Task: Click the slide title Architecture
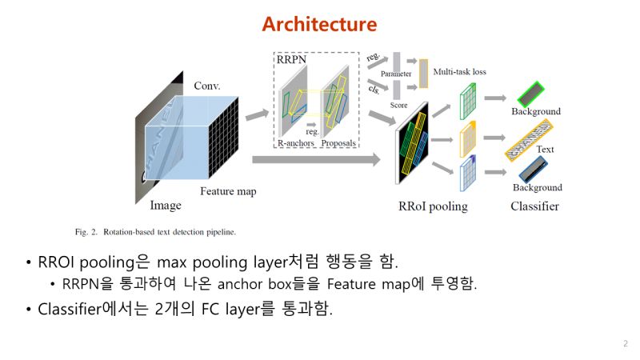click(x=319, y=24)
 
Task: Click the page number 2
click(x=625, y=343)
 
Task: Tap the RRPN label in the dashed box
click(x=292, y=58)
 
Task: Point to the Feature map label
click(x=227, y=192)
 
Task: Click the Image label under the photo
click(x=166, y=206)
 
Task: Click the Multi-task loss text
click(x=459, y=72)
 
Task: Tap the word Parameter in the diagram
click(x=396, y=74)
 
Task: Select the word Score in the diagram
click(x=398, y=105)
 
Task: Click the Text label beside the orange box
click(x=546, y=149)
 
